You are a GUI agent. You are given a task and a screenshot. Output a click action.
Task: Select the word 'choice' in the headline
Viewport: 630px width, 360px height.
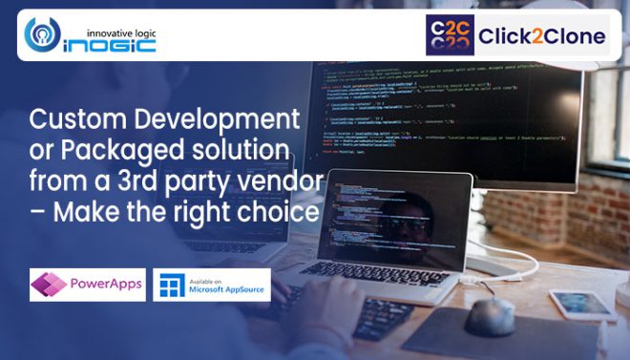tap(277, 211)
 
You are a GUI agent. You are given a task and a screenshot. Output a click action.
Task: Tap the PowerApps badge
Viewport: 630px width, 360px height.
tap(87, 285)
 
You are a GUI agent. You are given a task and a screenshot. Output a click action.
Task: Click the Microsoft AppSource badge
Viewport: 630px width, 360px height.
tap(212, 285)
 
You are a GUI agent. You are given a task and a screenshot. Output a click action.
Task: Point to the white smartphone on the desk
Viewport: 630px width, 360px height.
tap(583, 305)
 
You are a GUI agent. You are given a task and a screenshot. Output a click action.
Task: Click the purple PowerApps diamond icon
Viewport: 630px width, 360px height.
tap(48, 285)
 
